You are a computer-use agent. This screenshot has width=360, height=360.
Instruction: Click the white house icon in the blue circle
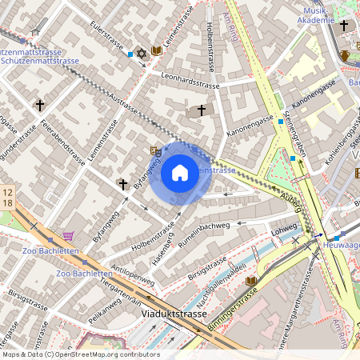180,173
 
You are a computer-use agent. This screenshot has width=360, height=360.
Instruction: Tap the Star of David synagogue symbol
142,52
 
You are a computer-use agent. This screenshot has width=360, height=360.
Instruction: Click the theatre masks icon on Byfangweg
156,150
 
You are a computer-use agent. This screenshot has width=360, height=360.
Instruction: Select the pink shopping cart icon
68,236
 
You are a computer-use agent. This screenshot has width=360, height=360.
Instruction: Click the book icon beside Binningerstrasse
252,281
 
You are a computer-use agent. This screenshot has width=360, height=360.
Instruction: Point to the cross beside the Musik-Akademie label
344,26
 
